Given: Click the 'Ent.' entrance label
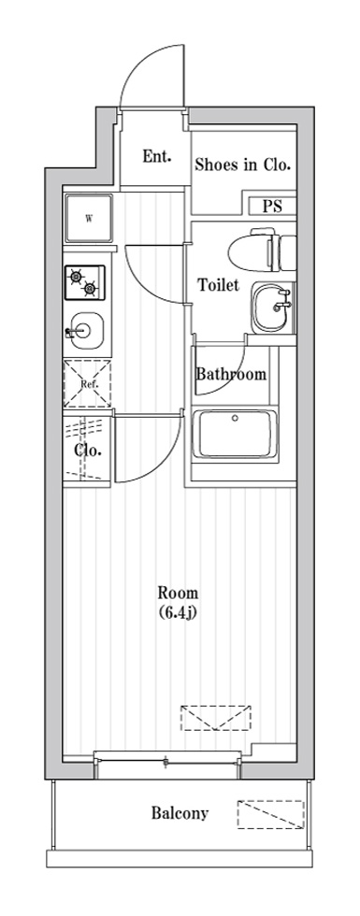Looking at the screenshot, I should coord(156,157).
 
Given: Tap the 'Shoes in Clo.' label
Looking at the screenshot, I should coord(242,165).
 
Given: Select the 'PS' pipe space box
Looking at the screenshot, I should coord(271,207).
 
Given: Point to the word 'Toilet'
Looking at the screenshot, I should coord(218,285).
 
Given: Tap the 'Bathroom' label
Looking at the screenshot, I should coord(230,374).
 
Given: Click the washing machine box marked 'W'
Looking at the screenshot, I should coord(89,220).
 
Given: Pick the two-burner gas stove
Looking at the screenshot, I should coord(87,281).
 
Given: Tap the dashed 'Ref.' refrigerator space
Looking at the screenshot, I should coord(87,383).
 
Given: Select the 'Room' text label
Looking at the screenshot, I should coord(177,593).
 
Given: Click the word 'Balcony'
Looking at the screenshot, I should coord(180,812).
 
